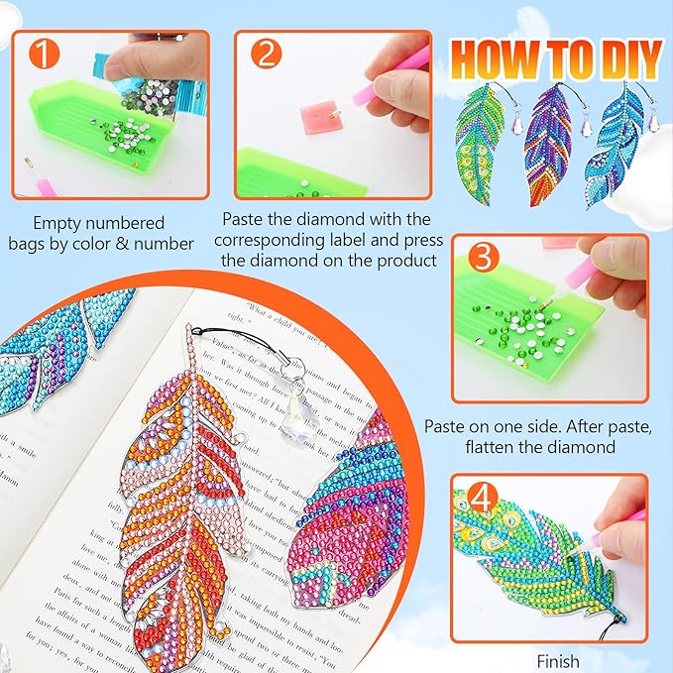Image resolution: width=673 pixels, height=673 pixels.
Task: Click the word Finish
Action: pos(557,660)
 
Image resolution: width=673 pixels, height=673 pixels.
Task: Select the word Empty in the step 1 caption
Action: pos(56,223)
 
